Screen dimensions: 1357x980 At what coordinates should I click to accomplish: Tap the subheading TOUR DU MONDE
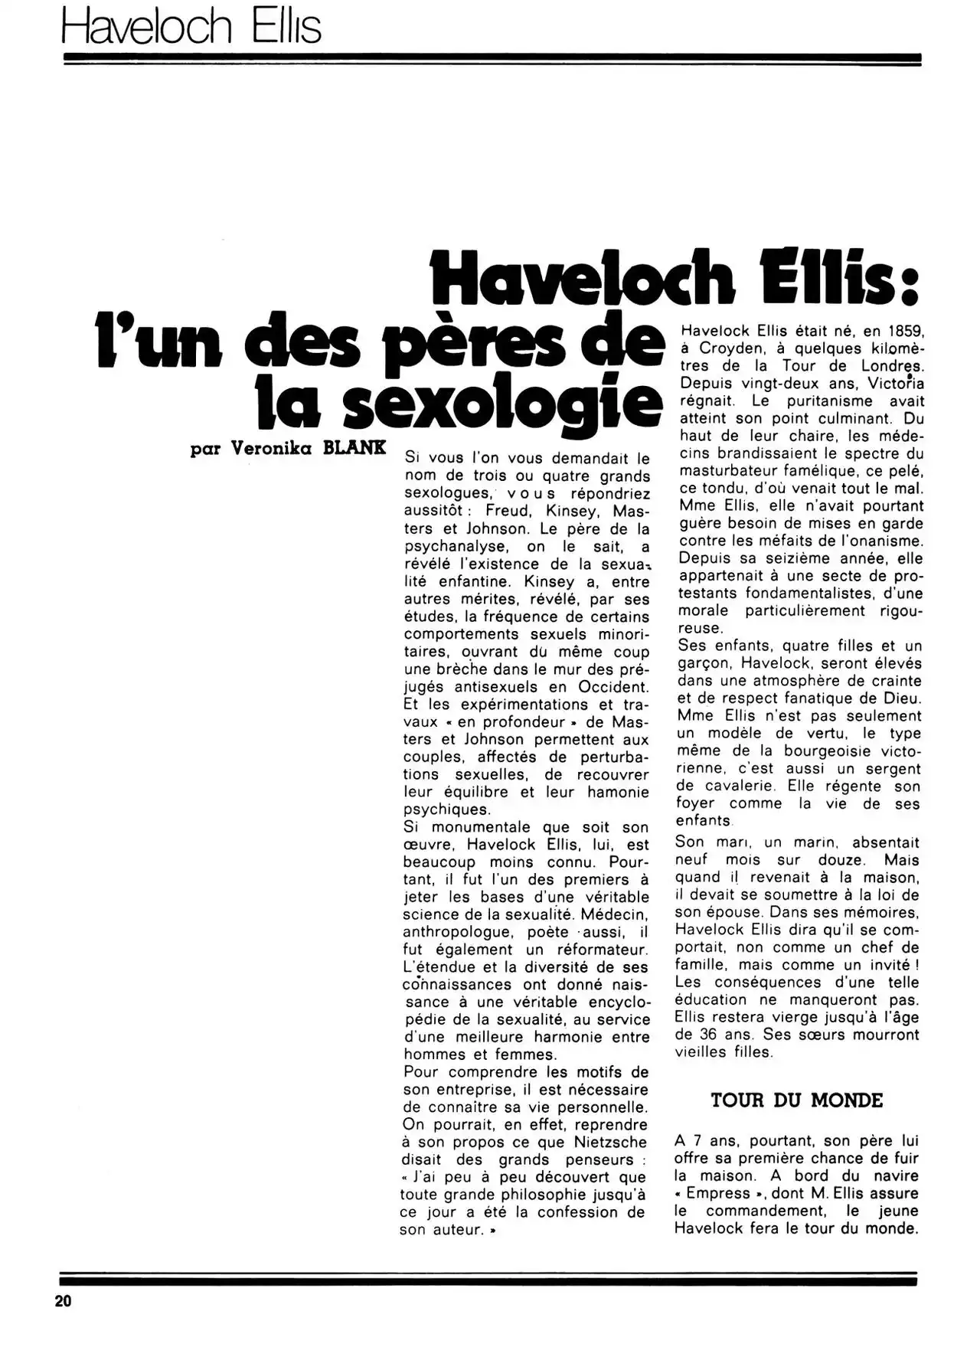coord(796,1100)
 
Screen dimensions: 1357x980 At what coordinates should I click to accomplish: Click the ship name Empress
coord(718,1193)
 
